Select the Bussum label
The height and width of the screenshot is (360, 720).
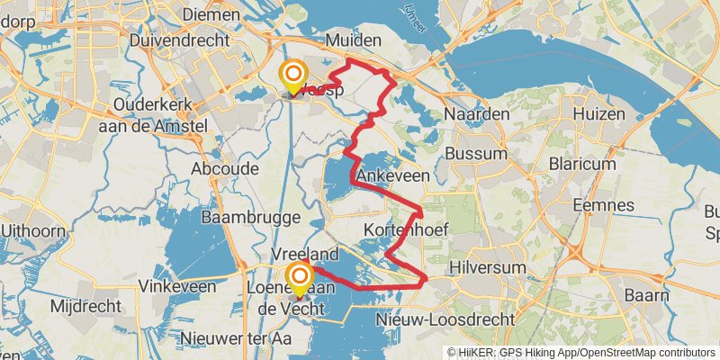coord(477,153)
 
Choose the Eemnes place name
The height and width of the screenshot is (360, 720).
coord(608,205)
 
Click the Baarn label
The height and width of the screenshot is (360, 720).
coord(648,295)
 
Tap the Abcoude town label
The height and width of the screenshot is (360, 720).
coord(225,168)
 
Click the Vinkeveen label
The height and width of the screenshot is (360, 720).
coord(177,286)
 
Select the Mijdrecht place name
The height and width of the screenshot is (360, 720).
coord(85,306)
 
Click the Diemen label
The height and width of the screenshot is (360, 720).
coord(211,15)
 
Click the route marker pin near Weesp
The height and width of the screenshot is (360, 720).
coord(292,75)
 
